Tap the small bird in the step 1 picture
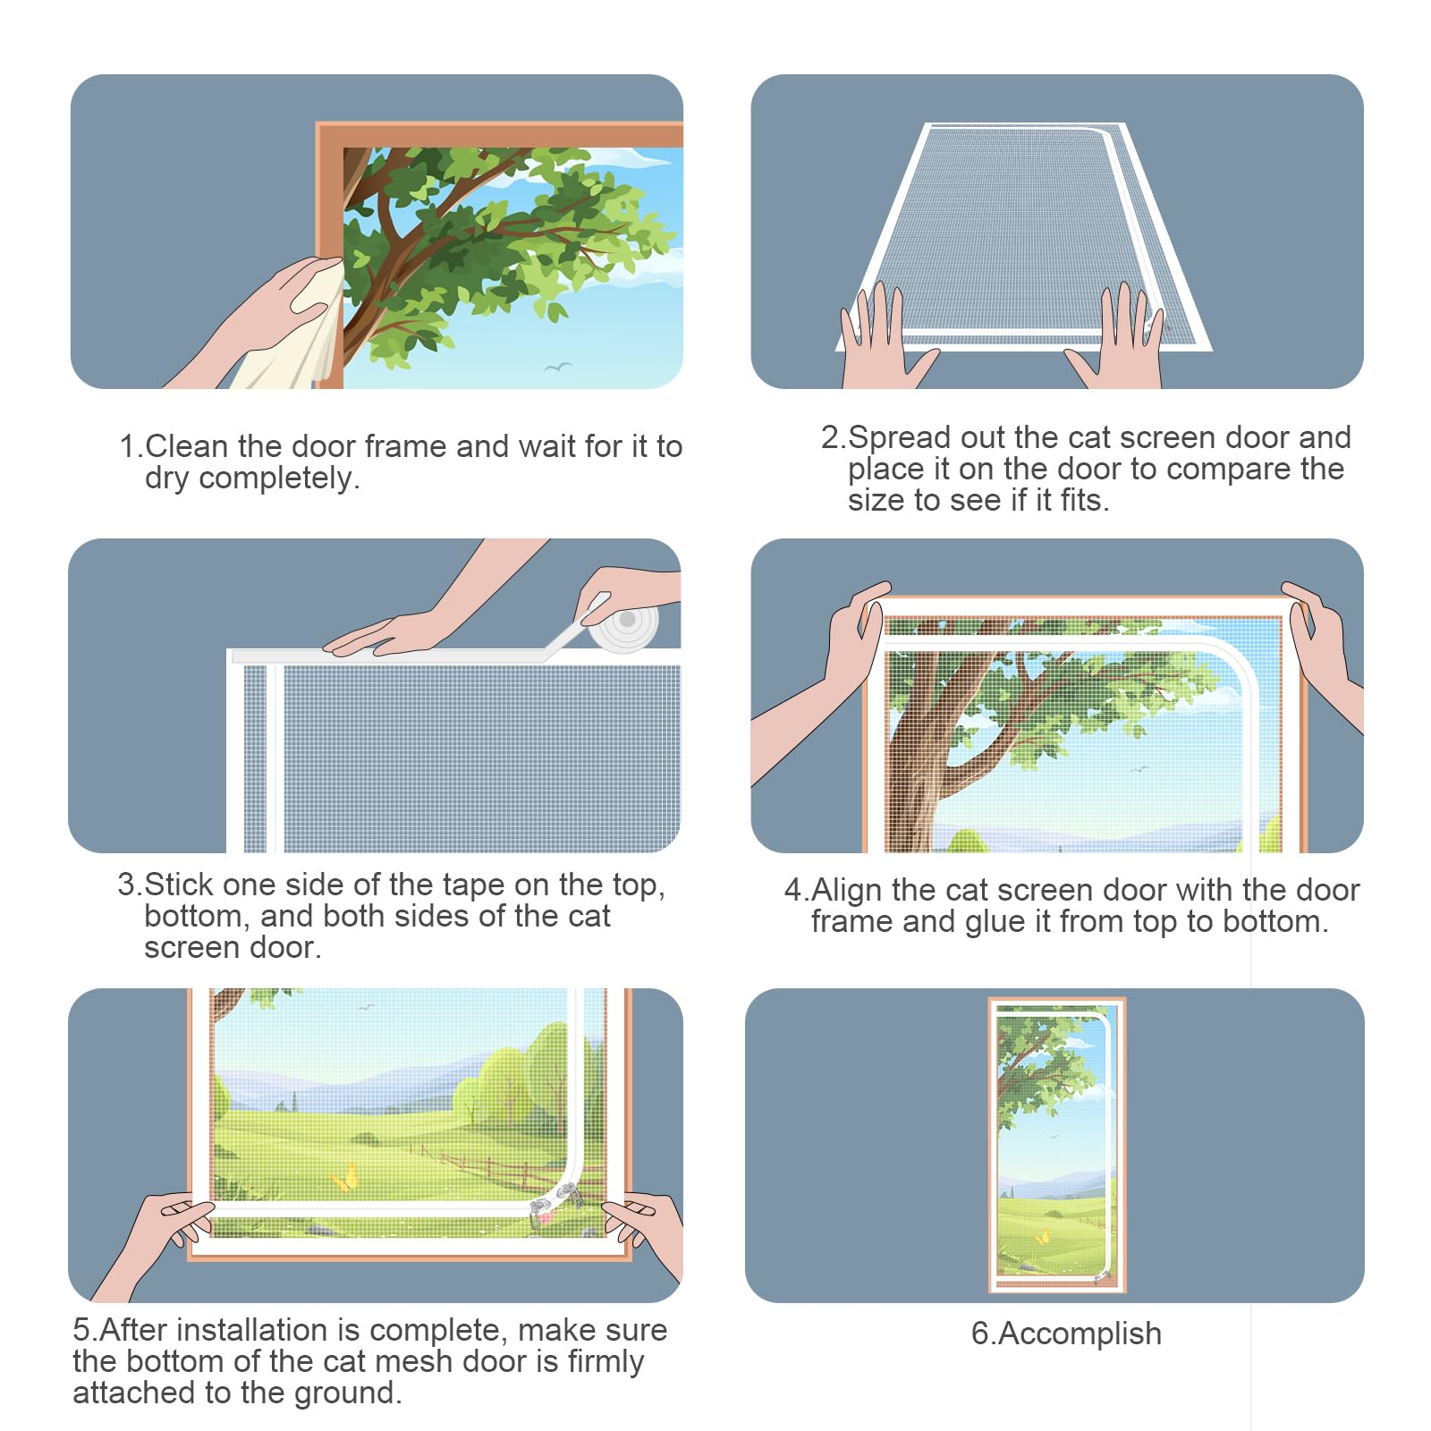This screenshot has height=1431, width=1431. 558,367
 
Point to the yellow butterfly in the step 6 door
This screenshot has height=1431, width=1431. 1042,1237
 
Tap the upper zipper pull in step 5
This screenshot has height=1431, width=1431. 565,1191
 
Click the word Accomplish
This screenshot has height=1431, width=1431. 1080,1334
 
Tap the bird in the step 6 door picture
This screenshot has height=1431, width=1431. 1054,1137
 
